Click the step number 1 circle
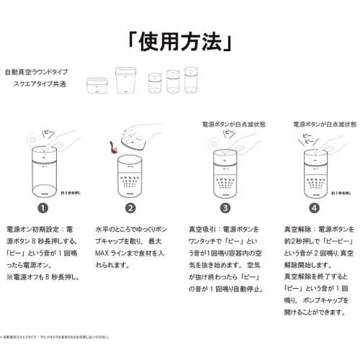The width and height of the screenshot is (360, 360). coord(42,209)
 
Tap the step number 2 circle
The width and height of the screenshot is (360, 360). coord(130,209)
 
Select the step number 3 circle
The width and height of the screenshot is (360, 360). coord(225,209)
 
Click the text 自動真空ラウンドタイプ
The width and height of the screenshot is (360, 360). coord(36,73)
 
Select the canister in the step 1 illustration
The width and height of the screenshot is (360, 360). coord(45,173)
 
